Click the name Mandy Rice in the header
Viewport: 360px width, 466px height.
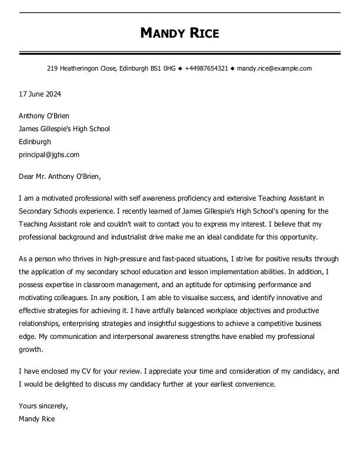(179, 33)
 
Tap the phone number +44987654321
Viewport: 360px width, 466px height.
(206, 68)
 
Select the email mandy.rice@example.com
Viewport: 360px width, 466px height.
(274, 68)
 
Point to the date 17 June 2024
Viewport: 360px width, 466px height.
(40, 94)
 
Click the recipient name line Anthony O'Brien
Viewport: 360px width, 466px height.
(44, 116)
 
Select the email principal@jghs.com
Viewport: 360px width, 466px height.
(49, 155)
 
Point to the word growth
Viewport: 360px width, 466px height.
(31, 349)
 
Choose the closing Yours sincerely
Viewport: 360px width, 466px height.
(44, 406)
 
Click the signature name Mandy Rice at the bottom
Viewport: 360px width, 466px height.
(37, 419)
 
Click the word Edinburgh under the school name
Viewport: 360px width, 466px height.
(35, 142)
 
